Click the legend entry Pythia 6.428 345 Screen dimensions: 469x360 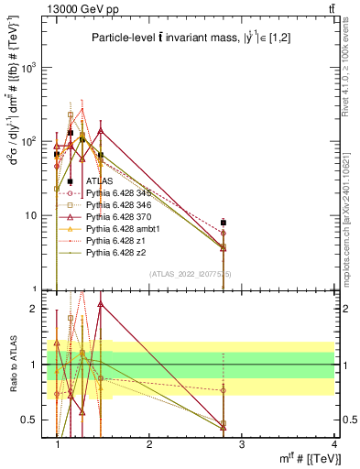[118, 193]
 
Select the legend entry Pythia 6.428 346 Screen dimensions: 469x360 [118, 205]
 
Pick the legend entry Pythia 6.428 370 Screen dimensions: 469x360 [118, 216]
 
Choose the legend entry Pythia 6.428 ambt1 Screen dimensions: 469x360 [120, 228]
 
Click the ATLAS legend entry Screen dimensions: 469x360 [99, 182]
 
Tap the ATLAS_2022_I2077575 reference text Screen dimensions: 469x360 [191, 274]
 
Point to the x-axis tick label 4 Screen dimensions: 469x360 [333, 444]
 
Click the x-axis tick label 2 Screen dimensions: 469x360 [149, 444]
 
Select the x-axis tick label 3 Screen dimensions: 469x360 [242, 444]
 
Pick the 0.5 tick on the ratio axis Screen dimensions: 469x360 [31, 420]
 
